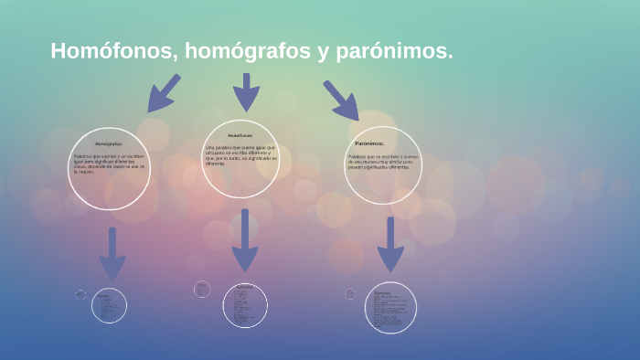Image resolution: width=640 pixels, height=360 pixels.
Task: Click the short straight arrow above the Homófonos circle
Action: [x=246, y=91]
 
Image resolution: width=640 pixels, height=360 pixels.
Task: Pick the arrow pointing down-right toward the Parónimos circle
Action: [x=341, y=101]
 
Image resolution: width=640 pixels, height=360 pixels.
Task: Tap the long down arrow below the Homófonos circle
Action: [x=244, y=240]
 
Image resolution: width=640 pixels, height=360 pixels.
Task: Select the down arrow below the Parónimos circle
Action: [x=390, y=244]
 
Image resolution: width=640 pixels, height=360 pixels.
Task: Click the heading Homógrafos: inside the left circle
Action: [x=108, y=143]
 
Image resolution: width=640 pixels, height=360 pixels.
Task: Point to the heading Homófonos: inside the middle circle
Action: [x=240, y=135]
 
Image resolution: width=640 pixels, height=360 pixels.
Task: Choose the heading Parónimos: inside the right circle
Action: [x=369, y=143]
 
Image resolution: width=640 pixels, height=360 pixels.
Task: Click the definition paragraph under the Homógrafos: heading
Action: [x=108, y=164]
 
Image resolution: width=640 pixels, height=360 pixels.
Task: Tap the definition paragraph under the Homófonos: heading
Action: [x=240, y=154]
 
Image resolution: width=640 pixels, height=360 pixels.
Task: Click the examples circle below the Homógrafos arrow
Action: [x=109, y=305]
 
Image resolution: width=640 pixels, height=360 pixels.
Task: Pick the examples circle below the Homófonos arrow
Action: [x=245, y=305]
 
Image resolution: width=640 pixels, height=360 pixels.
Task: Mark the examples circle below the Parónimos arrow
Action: [x=390, y=308]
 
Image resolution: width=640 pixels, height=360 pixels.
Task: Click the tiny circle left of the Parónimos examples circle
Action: [x=350, y=294]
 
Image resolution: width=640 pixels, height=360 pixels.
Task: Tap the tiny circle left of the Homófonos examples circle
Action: [x=202, y=289]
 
